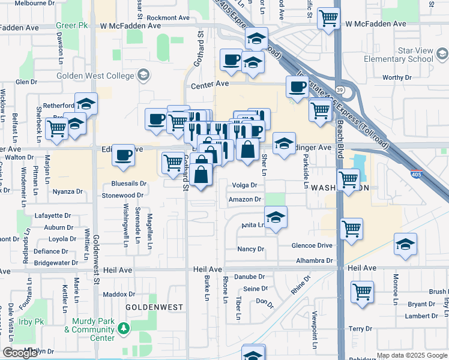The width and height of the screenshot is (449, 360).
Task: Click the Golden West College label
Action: (96, 76)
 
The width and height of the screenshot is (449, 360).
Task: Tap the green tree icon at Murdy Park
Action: (123, 328)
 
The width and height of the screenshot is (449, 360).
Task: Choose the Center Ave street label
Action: (211, 86)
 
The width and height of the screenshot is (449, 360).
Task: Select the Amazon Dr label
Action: (245, 199)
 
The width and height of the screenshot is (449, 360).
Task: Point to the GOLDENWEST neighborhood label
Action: (154, 307)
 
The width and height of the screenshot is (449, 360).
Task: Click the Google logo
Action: (20, 353)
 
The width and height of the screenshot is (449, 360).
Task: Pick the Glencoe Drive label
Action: (312, 245)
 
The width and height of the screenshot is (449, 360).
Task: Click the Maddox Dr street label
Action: (119, 294)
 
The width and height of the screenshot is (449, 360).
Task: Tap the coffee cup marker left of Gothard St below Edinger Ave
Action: (123, 155)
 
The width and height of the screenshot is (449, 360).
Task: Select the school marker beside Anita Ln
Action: (276, 217)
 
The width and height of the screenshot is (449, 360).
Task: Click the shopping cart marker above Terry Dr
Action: (363, 292)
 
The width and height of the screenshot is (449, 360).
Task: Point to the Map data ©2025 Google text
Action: (412, 355)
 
